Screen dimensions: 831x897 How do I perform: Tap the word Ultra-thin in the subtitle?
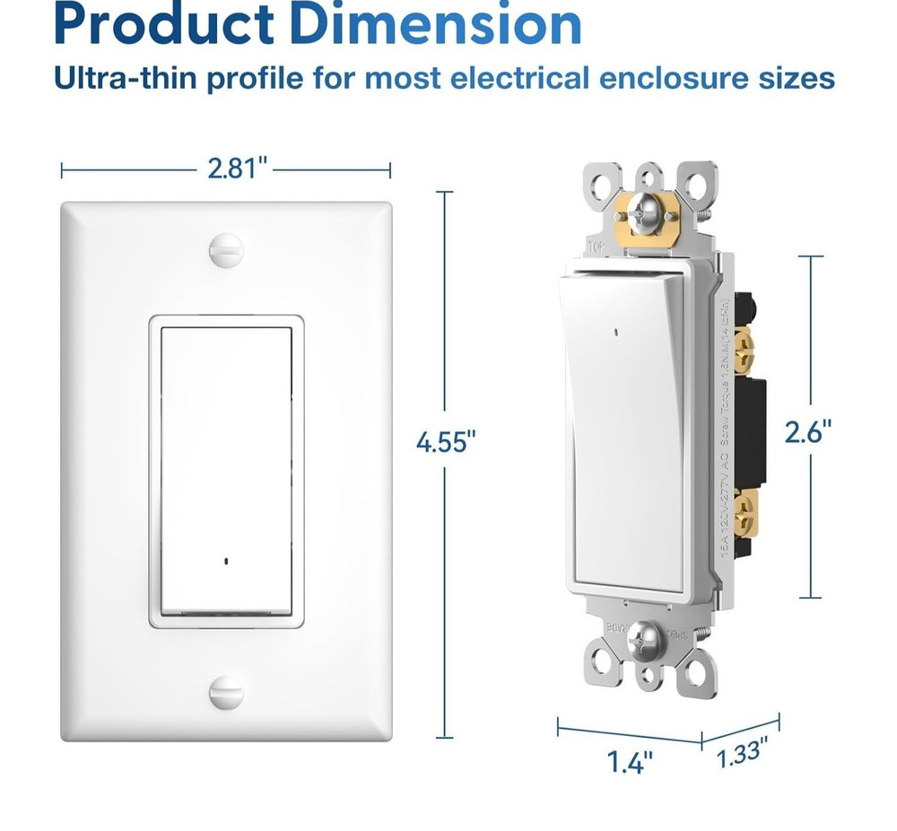(125, 78)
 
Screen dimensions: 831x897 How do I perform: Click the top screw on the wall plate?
(225, 248)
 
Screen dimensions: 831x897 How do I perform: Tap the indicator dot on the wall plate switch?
(225, 562)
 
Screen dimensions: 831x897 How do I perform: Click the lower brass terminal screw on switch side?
(743, 513)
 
